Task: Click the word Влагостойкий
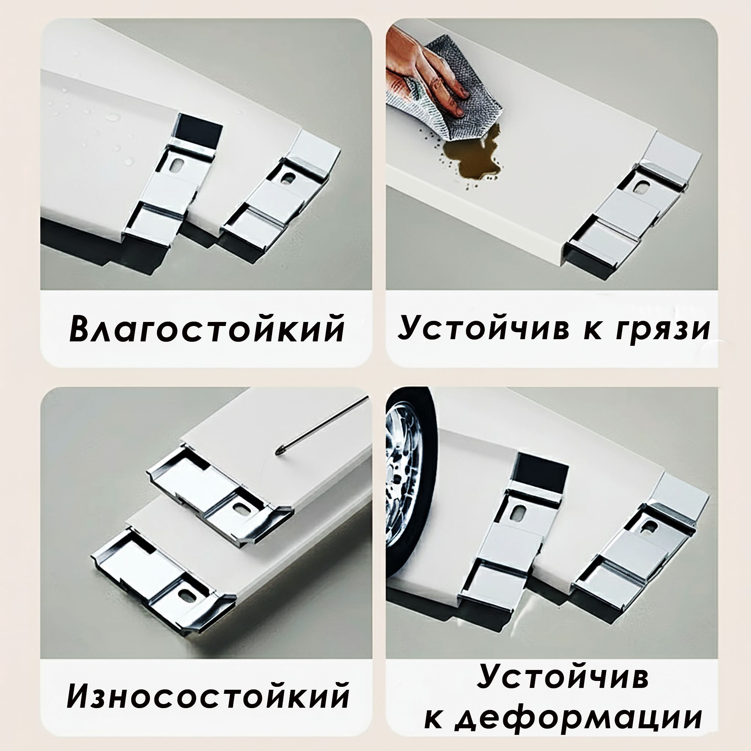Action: point(207,329)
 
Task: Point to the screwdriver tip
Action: point(279,452)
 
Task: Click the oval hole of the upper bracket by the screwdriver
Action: point(238,508)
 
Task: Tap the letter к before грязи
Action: point(581,331)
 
